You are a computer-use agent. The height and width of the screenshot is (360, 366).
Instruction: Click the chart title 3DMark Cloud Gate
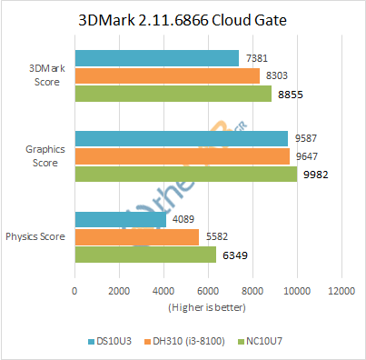183,19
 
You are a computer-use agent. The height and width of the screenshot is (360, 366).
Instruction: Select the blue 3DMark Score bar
156,58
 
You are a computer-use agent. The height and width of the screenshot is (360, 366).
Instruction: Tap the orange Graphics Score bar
182,156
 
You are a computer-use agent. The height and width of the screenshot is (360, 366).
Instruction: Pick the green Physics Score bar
145,255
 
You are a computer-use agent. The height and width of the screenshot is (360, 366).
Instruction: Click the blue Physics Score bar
120,219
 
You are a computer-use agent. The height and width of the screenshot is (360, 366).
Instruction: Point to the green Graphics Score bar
185,175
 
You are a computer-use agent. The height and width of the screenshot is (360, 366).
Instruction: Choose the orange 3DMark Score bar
166,76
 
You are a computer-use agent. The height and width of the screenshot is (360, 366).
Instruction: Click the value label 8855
288,94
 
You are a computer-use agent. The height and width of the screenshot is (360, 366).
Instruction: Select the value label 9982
313,175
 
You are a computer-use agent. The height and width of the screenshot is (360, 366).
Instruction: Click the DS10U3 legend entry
112,342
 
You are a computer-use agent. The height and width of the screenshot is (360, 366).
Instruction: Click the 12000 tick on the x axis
341,291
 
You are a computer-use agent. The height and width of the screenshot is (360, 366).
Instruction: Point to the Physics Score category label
35,236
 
